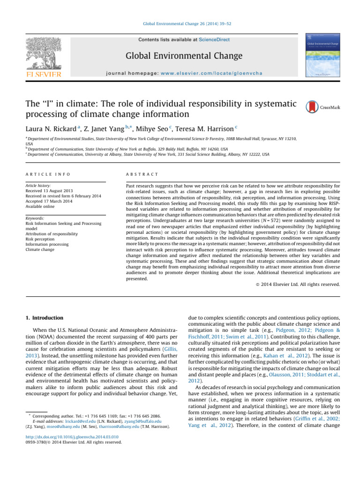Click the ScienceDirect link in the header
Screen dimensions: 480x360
tap(214, 40)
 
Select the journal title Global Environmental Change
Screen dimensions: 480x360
tap(184, 56)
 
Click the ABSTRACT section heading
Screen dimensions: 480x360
tap(140, 174)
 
